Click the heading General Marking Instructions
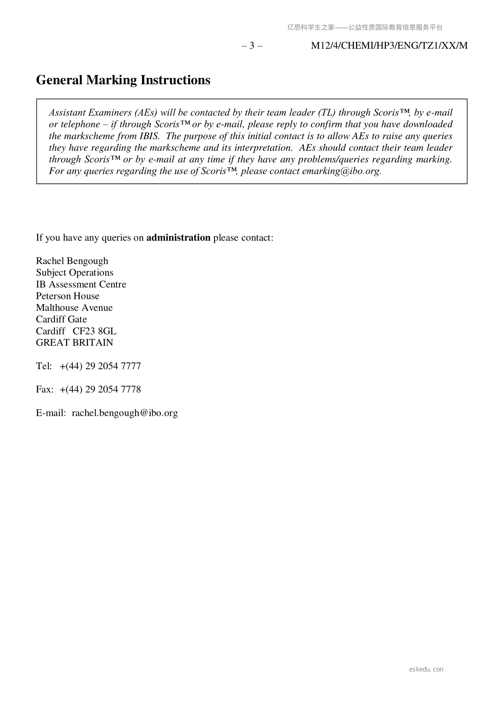click(x=123, y=80)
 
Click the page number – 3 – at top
click(x=252, y=46)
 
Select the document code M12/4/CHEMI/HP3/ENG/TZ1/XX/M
click(x=389, y=46)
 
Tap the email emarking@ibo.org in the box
click(x=341, y=171)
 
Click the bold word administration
click(x=178, y=238)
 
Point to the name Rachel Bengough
click(x=72, y=261)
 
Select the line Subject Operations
click(x=74, y=273)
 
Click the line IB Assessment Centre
click(x=81, y=285)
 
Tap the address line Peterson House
click(x=68, y=296)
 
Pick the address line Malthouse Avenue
click(x=74, y=308)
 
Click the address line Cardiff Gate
click(x=61, y=319)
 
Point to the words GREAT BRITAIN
click(x=74, y=343)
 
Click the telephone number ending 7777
click(x=100, y=366)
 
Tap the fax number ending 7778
click(x=100, y=390)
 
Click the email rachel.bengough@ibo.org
click(x=124, y=413)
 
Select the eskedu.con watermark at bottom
click(x=426, y=669)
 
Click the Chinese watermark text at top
click(x=365, y=28)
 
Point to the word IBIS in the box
click(x=149, y=136)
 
